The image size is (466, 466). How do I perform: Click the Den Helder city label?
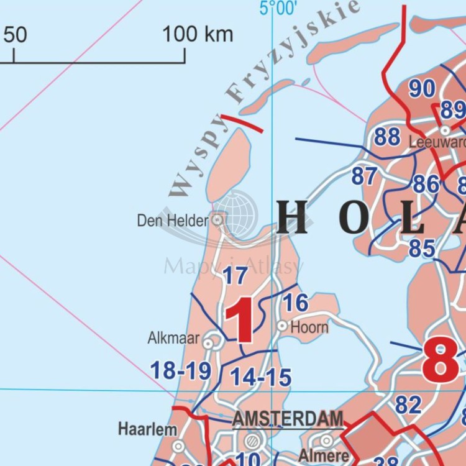pos(172,220)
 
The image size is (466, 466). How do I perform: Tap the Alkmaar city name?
pos(173,338)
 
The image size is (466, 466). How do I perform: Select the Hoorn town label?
pos(309,326)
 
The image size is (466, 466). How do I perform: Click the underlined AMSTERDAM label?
pos(288,419)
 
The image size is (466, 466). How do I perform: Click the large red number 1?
pos(240,320)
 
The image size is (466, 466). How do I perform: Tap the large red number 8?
pos(440,362)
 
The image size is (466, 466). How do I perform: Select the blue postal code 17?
pos(235,275)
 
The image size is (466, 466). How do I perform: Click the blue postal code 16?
pos(296,303)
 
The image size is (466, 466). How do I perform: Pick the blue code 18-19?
pos(181,371)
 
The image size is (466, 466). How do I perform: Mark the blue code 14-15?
pos(260,377)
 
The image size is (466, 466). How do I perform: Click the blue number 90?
pos(422,89)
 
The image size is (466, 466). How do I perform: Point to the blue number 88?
pos(387,137)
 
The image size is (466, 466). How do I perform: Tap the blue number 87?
pos(364,176)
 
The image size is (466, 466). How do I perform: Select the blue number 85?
pos(422,249)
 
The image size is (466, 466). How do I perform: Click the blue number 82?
pos(408,405)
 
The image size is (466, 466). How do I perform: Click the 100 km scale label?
pos(198,34)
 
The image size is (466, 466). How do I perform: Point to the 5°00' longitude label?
pos(278,8)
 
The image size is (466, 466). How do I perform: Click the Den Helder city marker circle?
pos(217,219)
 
